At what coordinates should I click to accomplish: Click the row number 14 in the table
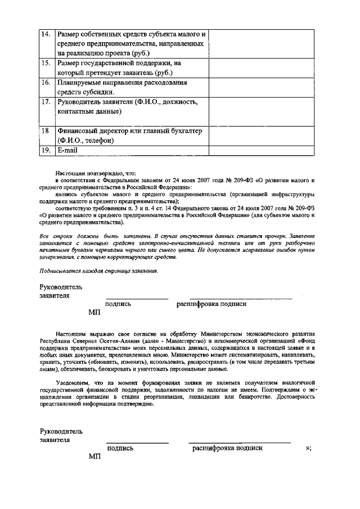[x=47, y=34]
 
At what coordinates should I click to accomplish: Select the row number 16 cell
[x=47, y=82]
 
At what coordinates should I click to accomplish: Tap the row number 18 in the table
[x=47, y=130]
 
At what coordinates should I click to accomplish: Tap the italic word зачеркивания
[x=58, y=257]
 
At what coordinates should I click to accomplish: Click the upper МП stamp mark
[x=94, y=313]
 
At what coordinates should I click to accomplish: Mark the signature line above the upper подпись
[x=137, y=298]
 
